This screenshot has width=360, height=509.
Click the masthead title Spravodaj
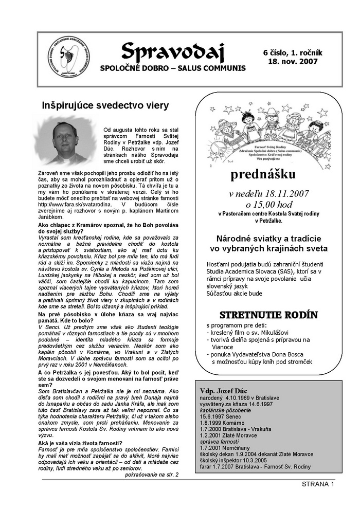(166, 51)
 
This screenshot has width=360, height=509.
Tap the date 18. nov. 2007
(293, 61)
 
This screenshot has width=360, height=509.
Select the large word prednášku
(263, 175)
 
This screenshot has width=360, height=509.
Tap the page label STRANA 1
(318, 484)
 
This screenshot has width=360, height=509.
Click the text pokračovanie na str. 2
(151, 474)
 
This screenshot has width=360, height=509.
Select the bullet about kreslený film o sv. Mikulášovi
(249, 333)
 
